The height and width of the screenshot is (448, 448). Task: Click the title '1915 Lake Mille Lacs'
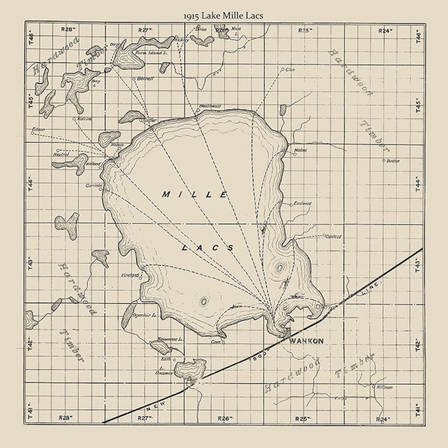[x=224, y=16]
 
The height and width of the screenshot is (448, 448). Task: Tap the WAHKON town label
[x=306, y=341]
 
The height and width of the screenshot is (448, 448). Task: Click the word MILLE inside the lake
[x=195, y=195]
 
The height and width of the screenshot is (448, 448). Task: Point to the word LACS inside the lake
[x=207, y=248]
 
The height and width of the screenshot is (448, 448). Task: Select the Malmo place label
[x=300, y=150]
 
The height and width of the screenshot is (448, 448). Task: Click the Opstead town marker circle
[x=324, y=235]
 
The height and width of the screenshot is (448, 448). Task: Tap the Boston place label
[x=393, y=161]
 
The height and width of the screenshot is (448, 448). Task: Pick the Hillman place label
[x=385, y=387]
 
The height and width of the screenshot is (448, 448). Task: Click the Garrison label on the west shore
[x=93, y=186]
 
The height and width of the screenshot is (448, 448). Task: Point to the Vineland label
[x=129, y=275]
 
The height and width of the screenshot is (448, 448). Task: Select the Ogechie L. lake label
[x=144, y=315]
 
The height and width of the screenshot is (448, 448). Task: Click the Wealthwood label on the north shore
[x=210, y=106]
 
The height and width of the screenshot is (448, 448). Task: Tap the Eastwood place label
[x=302, y=204]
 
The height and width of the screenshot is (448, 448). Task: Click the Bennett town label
[x=145, y=78]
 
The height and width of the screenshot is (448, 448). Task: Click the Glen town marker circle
[x=282, y=69]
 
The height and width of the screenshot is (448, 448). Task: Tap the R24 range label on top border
[x=385, y=30]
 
